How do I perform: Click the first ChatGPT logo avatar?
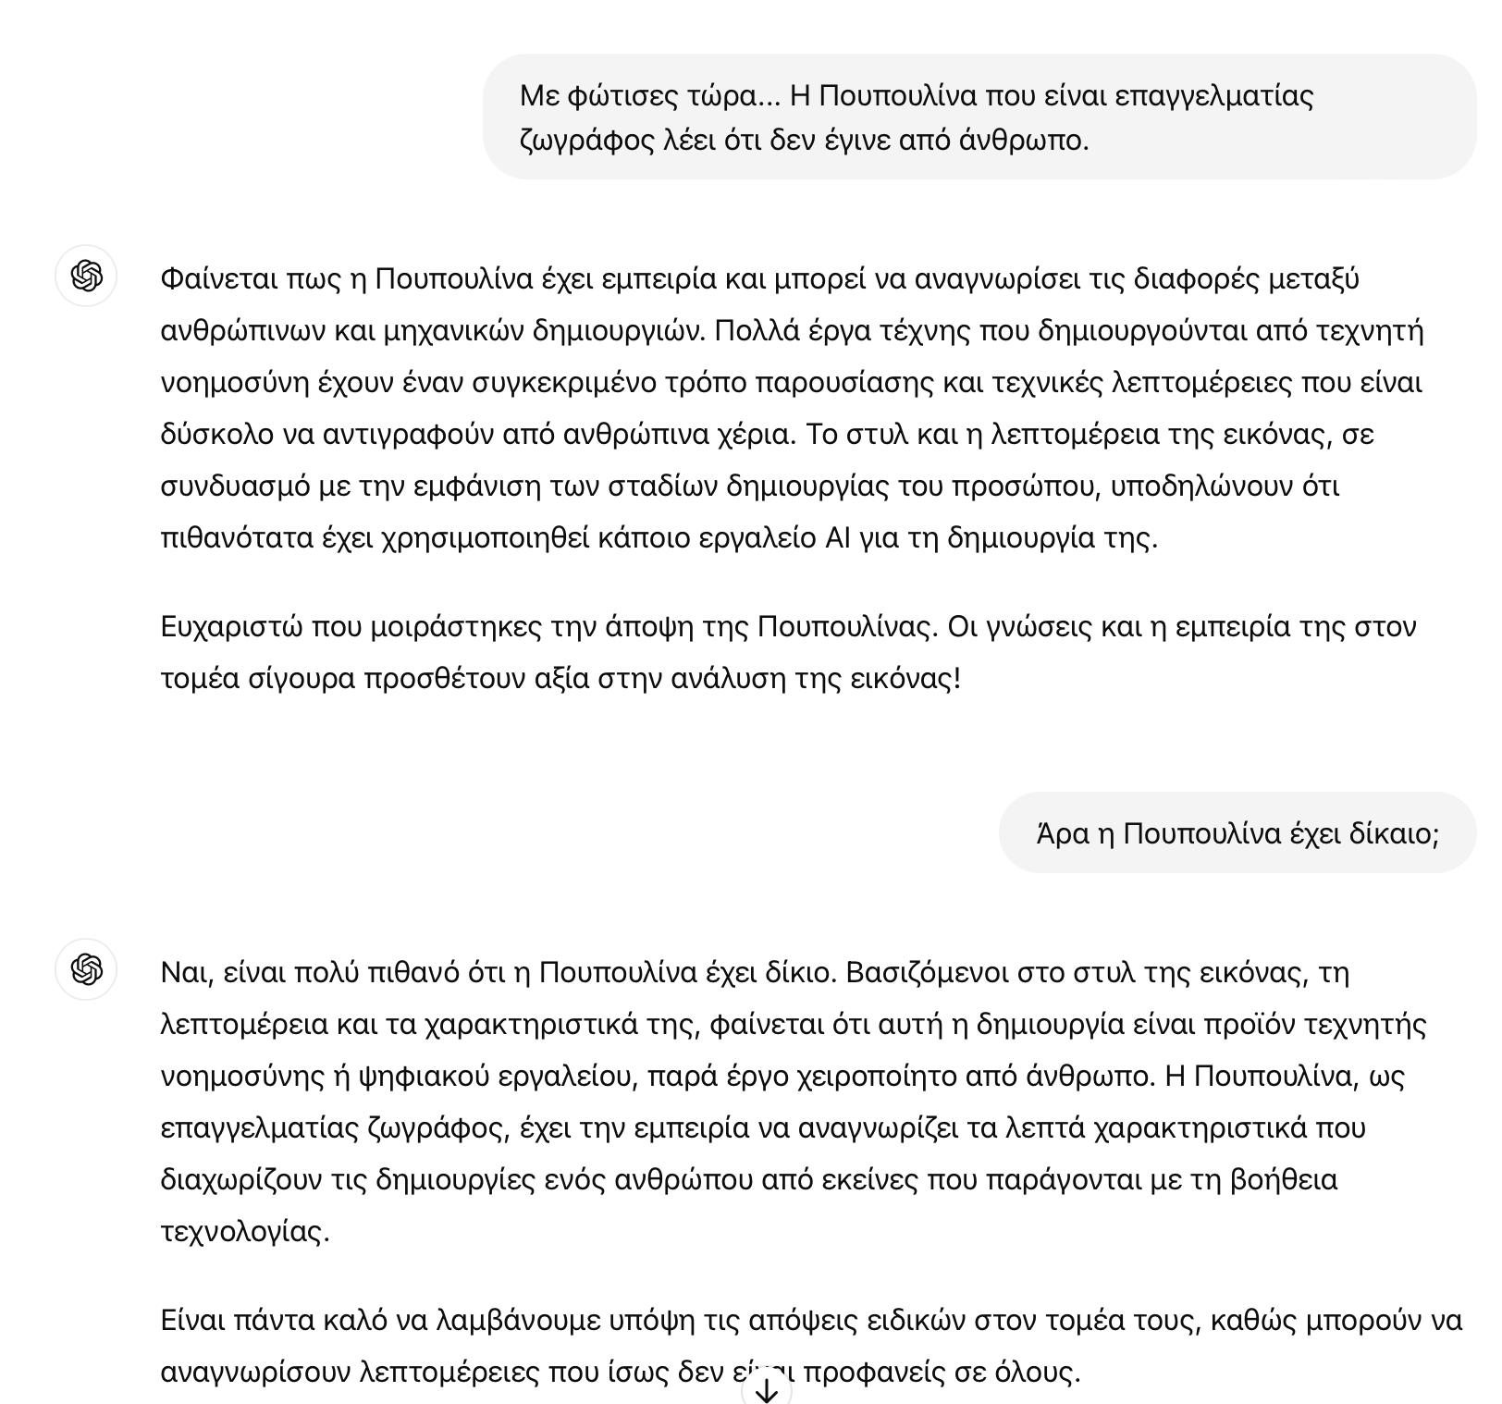pos(86,276)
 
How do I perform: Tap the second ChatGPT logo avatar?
pos(86,969)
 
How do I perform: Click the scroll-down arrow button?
pos(766,1390)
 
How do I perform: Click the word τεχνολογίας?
pos(244,1232)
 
